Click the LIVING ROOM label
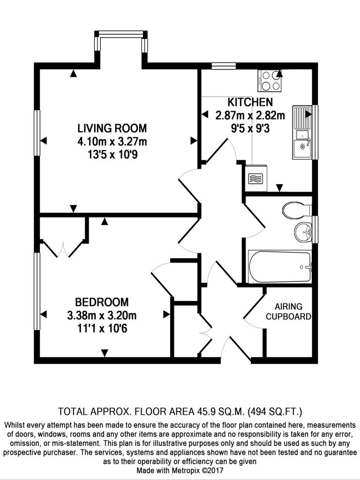(112, 128)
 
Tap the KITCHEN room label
(250, 102)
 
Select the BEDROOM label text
(102, 302)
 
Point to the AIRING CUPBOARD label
(288, 312)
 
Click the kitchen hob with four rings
(270, 81)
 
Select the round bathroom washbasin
(303, 232)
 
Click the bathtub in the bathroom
(280, 267)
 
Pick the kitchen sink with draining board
(302, 132)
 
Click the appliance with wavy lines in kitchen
(255, 179)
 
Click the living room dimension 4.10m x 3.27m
(112, 142)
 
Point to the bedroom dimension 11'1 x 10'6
(102, 329)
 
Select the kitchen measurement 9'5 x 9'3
(250, 128)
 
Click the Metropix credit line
(180, 470)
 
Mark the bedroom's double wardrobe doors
(64, 248)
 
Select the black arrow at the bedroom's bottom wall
(105, 353)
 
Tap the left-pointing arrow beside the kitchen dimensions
(205, 114)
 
